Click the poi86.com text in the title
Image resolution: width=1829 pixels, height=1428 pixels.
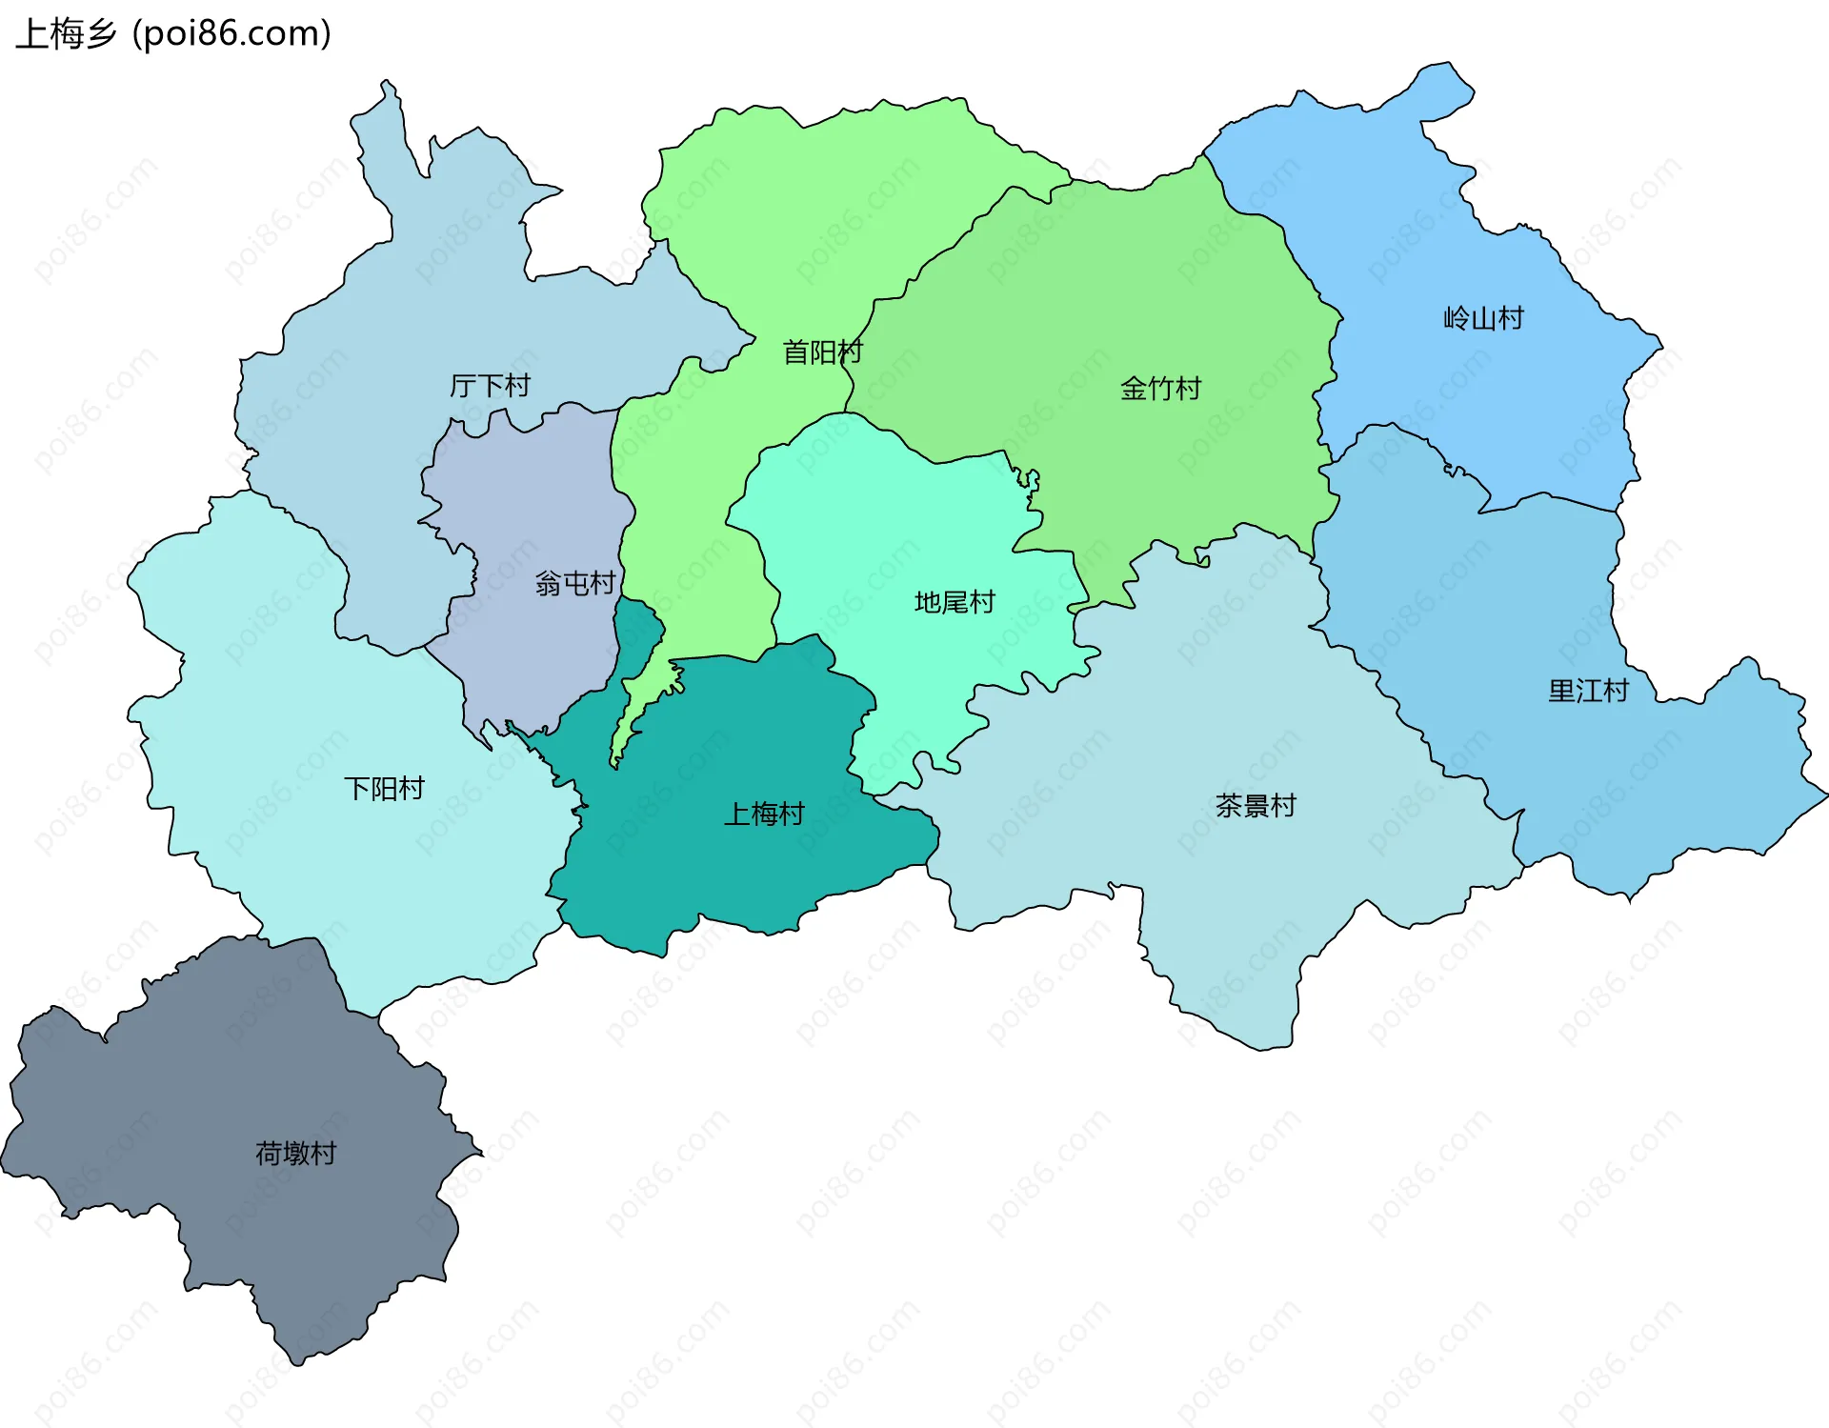click(x=231, y=34)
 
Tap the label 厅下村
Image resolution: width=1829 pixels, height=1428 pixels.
click(x=490, y=386)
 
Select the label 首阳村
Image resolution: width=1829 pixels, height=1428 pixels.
click(x=821, y=352)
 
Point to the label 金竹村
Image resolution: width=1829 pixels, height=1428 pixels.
click(x=1160, y=389)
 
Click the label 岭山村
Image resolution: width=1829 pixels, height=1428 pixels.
click(x=1483, y=318)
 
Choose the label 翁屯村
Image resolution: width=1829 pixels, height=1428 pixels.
click(x=574, y=583)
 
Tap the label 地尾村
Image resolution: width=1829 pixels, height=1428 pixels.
click(x=954, y=602)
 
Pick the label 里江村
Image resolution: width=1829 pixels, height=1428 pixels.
click(x=1588, y=691)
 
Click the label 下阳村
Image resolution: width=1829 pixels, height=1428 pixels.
click(x=384, y=789)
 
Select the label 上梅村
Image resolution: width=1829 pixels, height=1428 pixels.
click(x=764, y=814)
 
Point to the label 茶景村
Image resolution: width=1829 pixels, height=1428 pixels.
click(x=1256, y=806)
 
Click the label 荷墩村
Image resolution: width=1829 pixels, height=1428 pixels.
click(x=295, y=1154)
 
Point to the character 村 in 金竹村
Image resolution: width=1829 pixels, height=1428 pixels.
click(x=1188, y=389)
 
